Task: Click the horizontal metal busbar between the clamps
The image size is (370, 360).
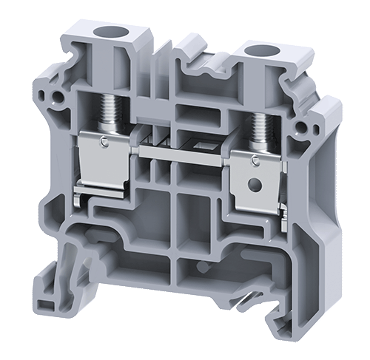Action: click(181, 152)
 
